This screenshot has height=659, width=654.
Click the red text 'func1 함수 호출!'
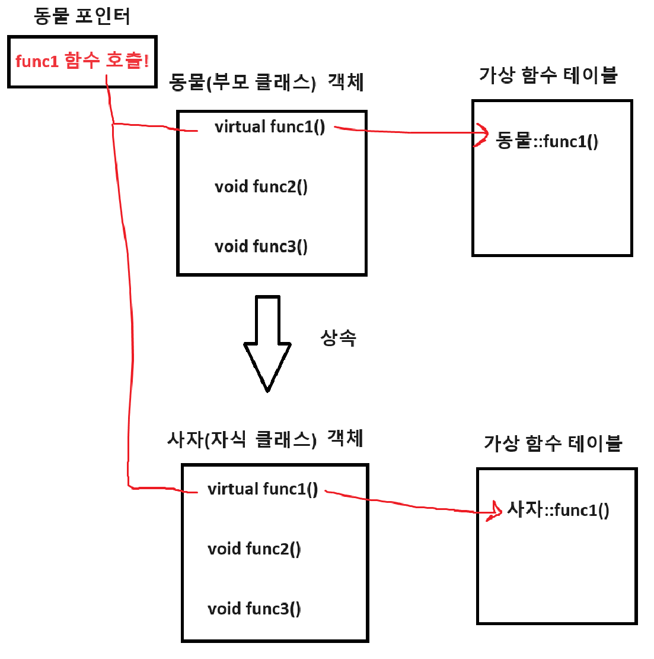82,61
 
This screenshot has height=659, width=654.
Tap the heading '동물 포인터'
82,16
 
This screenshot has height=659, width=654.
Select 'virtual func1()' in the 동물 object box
270,127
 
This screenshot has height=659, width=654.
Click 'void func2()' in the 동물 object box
261,187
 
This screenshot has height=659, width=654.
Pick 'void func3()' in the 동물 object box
261,246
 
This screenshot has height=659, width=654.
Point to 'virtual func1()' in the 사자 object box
263,489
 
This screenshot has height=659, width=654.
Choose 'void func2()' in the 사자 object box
254,549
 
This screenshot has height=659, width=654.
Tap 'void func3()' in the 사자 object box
254,609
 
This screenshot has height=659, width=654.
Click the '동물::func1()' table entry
547,141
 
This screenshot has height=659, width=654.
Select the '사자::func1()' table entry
558,510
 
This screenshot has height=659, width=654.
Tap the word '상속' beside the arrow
338,338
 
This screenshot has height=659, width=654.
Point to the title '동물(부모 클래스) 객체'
266,82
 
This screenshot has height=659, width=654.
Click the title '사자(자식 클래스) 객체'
265,439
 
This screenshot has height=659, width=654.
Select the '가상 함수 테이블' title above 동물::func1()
548,75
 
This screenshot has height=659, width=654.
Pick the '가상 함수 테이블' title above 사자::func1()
553,443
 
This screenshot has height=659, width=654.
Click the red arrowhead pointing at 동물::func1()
482,135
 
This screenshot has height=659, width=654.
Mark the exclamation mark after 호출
146,61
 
